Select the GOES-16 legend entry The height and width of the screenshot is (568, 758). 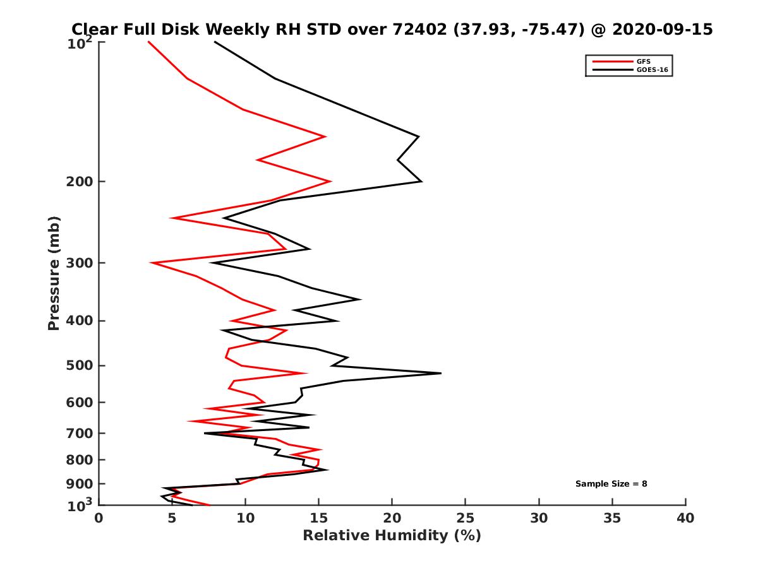coord(651,69)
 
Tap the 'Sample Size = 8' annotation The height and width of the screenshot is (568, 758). coord(611,484)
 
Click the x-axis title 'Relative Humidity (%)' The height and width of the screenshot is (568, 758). coord(392,536)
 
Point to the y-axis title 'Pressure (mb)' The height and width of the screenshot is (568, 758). coord(54,273)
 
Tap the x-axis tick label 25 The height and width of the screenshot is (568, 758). coord(466,519)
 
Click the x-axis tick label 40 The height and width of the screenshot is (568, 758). coord(685,519)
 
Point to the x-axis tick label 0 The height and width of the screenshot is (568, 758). coord(99,519)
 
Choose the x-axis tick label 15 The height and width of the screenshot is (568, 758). coord(319,519)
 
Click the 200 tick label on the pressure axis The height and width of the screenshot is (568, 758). coord(80,182)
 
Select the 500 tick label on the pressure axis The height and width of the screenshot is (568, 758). coord(80,365)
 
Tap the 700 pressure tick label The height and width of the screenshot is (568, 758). coord(80,433)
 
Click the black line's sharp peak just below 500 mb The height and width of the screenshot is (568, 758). coord(440,373)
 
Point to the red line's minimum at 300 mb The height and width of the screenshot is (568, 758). coord(151,263)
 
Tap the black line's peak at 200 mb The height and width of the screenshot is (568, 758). coord(421,182)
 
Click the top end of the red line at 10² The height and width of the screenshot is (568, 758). coord(148,42)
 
